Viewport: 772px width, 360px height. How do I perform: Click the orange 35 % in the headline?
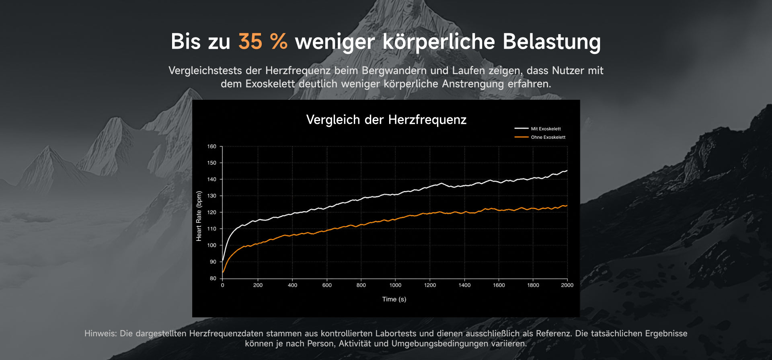tap(263, 41)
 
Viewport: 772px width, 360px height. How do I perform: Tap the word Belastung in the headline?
tap(552, 42)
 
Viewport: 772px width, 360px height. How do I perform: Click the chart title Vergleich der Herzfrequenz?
tap(386, 119)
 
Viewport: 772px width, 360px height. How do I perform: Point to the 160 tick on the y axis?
tap(211, 146)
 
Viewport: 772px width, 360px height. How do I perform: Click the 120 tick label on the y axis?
tap(211, 212)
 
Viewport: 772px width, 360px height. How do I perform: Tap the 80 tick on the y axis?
tap(213, 278)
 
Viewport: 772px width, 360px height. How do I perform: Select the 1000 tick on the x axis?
tap(395, 285)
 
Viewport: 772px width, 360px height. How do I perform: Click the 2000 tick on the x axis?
tap(567, 285)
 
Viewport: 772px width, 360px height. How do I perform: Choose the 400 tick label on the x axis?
tap(292, 285)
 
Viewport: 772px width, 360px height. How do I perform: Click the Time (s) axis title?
tap(394, 299)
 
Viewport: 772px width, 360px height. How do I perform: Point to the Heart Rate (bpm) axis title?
tap(199, 216)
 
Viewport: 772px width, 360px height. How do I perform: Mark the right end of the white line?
tap(567, 171)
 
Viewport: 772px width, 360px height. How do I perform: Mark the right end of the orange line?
tap(567, 206)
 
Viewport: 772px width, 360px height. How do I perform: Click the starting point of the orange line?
tap(223, 272)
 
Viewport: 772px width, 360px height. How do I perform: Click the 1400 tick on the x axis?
tap(464, 285)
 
